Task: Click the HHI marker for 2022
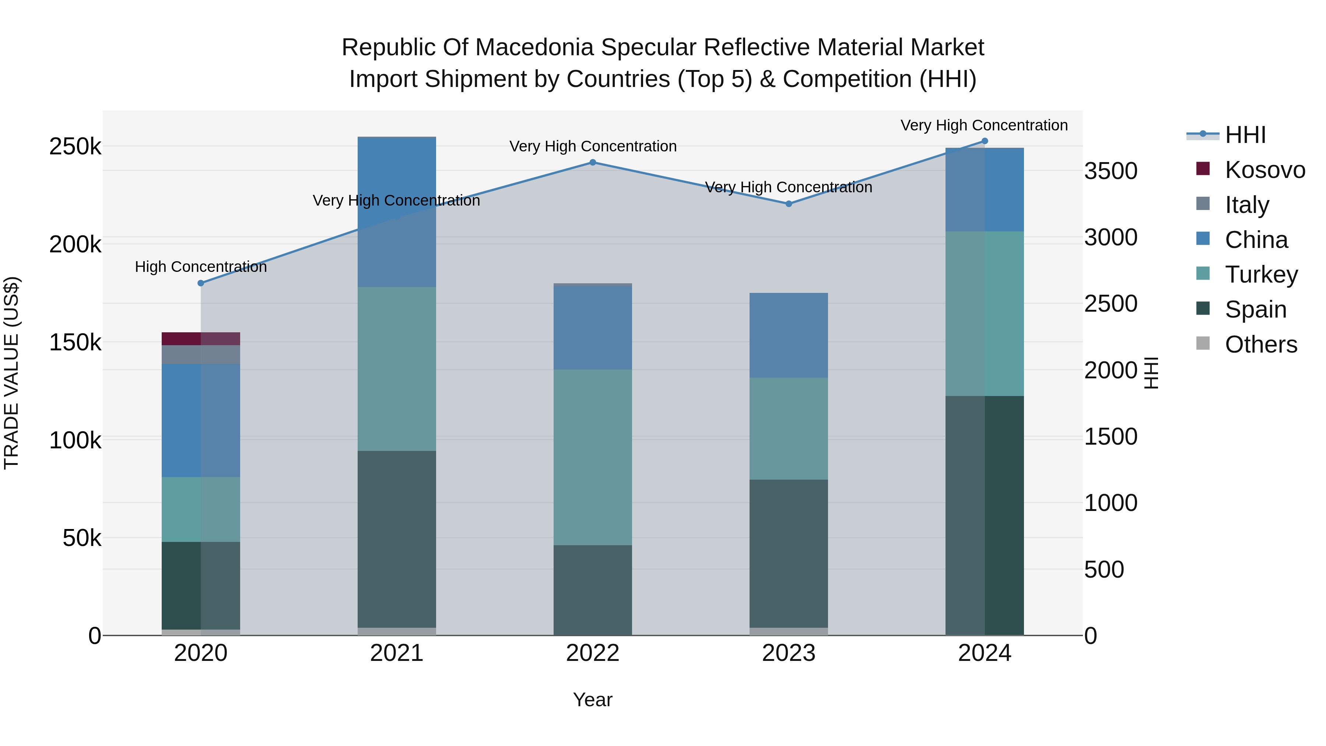point(593,162)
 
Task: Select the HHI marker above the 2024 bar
point(985,141)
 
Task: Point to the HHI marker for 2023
point(789,204)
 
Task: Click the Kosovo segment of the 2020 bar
point(201,339)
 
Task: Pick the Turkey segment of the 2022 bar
point(593,457)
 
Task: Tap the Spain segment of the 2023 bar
point(789,553)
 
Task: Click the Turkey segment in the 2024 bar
point(985,314)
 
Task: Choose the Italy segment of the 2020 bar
point(201,355)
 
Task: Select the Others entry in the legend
point(1261,344)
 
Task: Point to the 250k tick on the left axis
point(75,147)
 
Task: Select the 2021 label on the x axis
point(397,653)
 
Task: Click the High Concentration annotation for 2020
point(201,267)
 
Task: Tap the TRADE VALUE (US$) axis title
point(11,373)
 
